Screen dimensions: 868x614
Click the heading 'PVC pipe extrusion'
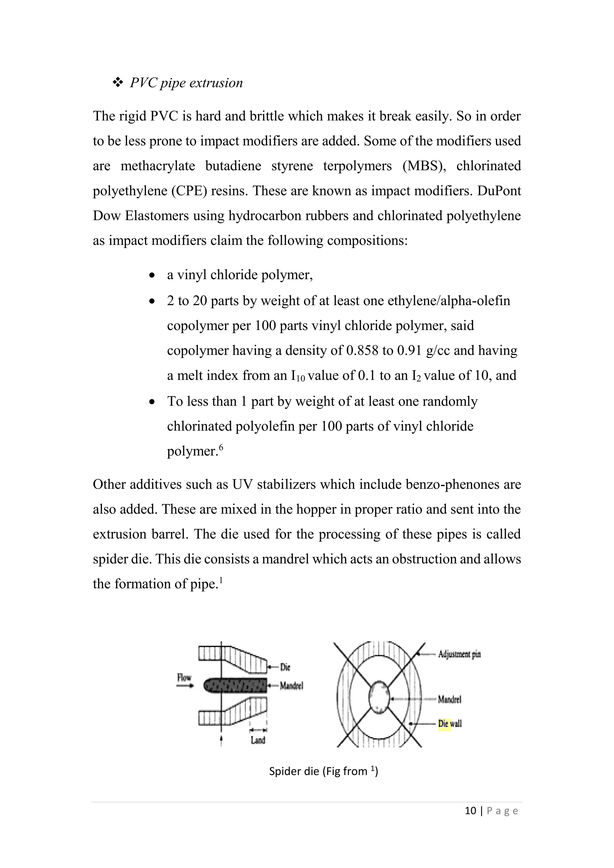pos(186,83)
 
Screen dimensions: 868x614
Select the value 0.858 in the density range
pos(362,350)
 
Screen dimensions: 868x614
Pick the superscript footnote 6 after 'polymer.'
pos(221,447)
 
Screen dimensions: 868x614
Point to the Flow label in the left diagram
pos(184,677)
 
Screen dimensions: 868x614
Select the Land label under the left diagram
pos(258,740)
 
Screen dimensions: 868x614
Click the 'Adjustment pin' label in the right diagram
pos(459,654)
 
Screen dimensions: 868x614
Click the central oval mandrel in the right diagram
pos(379,697)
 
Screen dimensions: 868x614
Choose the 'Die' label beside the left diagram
pos(285,667)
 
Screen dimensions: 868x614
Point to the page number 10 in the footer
pos(470,810)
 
